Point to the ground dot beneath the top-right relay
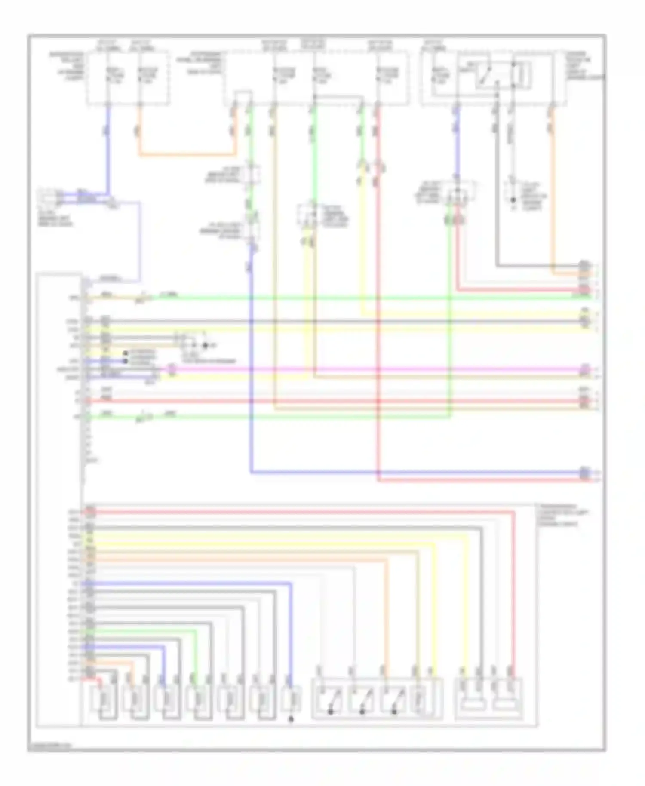click(x=513, y=200)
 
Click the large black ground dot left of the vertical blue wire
click(x=205, y=345)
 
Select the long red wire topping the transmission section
click(x=301, y=512)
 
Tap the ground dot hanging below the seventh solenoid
click(x=291, y=719)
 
